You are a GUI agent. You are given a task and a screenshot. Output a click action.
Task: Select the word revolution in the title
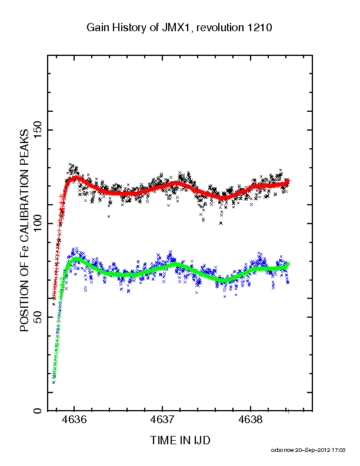point(220,28)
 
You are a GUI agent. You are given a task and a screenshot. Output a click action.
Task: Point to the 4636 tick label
point(74,420)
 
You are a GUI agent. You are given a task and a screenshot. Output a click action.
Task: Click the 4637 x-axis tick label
point(162,420)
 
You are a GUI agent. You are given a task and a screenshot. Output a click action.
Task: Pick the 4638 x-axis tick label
point(251,420)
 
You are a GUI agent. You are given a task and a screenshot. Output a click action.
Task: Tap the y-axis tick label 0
point(38,411)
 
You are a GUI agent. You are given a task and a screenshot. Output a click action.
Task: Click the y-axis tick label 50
point(38,317)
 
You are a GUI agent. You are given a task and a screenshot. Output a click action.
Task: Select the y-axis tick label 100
point(38,224)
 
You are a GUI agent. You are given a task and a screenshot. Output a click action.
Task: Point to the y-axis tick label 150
point(38,130)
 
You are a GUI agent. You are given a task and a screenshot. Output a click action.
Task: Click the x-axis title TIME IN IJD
point(180,440)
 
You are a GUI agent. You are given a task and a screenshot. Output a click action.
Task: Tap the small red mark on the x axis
point(288,411)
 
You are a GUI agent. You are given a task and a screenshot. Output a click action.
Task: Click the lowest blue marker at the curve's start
point(54,382)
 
